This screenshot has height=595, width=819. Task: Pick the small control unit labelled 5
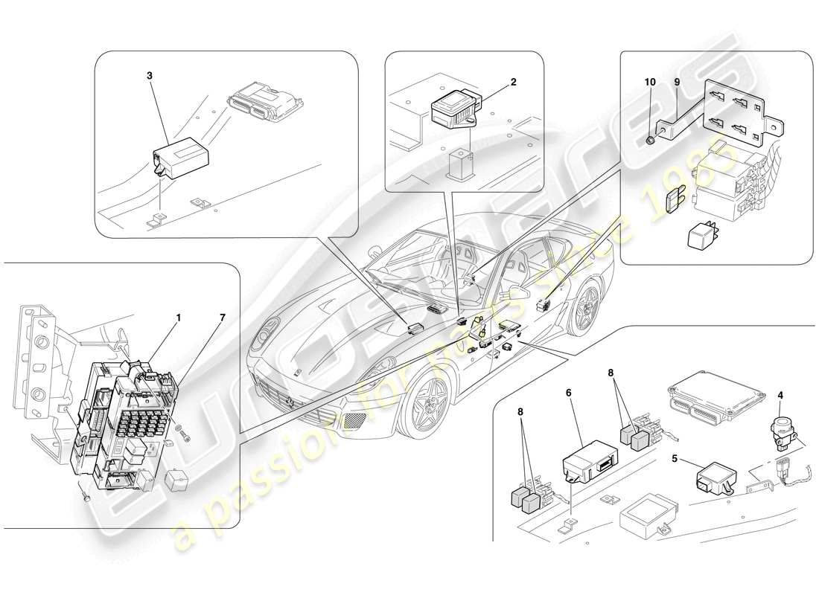pos(716,480)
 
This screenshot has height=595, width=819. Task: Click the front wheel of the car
pos(430,402)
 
